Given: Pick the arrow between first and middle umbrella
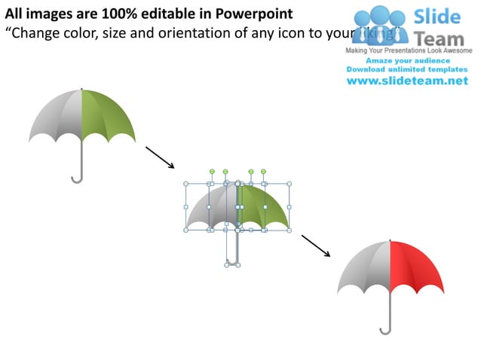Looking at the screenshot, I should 159,157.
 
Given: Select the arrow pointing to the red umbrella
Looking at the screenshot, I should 316,246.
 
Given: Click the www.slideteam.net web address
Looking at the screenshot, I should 407,81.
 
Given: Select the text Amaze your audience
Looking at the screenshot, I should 407,60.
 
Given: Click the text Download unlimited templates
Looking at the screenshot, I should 407,69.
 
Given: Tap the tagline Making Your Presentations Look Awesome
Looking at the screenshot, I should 407,50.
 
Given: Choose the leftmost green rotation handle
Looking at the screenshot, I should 213,172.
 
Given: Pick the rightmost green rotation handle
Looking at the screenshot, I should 263,172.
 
